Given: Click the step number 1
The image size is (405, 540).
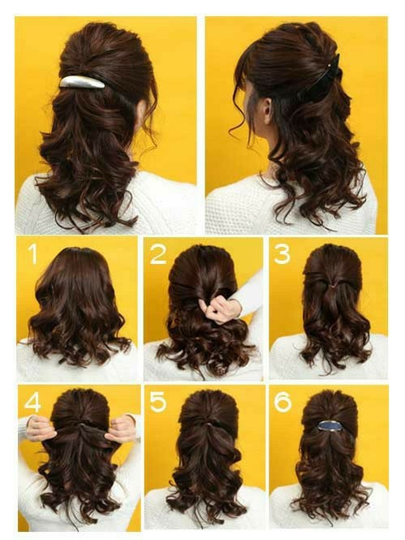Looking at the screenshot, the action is click(33, 254).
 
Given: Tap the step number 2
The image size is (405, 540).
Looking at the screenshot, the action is click(158, 254).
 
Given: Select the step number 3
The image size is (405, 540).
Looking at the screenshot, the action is click(282, 254).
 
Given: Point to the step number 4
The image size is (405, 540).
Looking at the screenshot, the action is click(32, 402).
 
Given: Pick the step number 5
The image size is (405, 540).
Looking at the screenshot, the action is click(158, 402).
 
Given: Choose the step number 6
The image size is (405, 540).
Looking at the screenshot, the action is click(282, 402).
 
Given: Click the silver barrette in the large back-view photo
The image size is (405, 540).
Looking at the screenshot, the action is click(82, 82).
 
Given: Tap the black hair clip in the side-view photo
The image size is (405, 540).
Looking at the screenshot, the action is click(324, 79).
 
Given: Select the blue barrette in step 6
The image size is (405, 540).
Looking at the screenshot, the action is click(330, 426).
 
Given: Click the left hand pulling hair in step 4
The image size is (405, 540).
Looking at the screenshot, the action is click(41, 429).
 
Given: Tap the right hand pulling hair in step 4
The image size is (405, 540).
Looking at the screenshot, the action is click(120, 429).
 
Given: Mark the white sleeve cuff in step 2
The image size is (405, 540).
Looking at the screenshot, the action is click(250, 296).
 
